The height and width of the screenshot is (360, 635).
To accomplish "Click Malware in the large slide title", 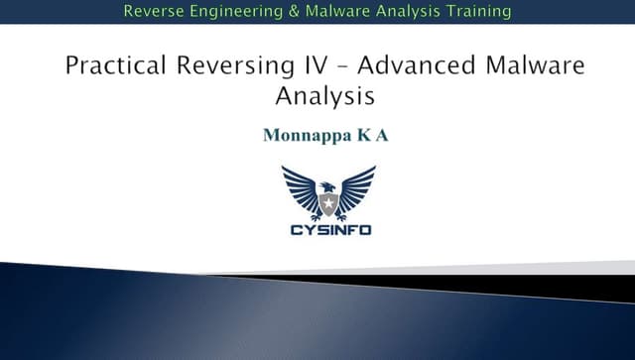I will (x=529, y=66).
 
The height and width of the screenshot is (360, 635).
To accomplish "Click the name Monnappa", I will (x=302, y=135).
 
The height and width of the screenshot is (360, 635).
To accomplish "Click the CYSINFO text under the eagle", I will (x=328, y=230).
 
